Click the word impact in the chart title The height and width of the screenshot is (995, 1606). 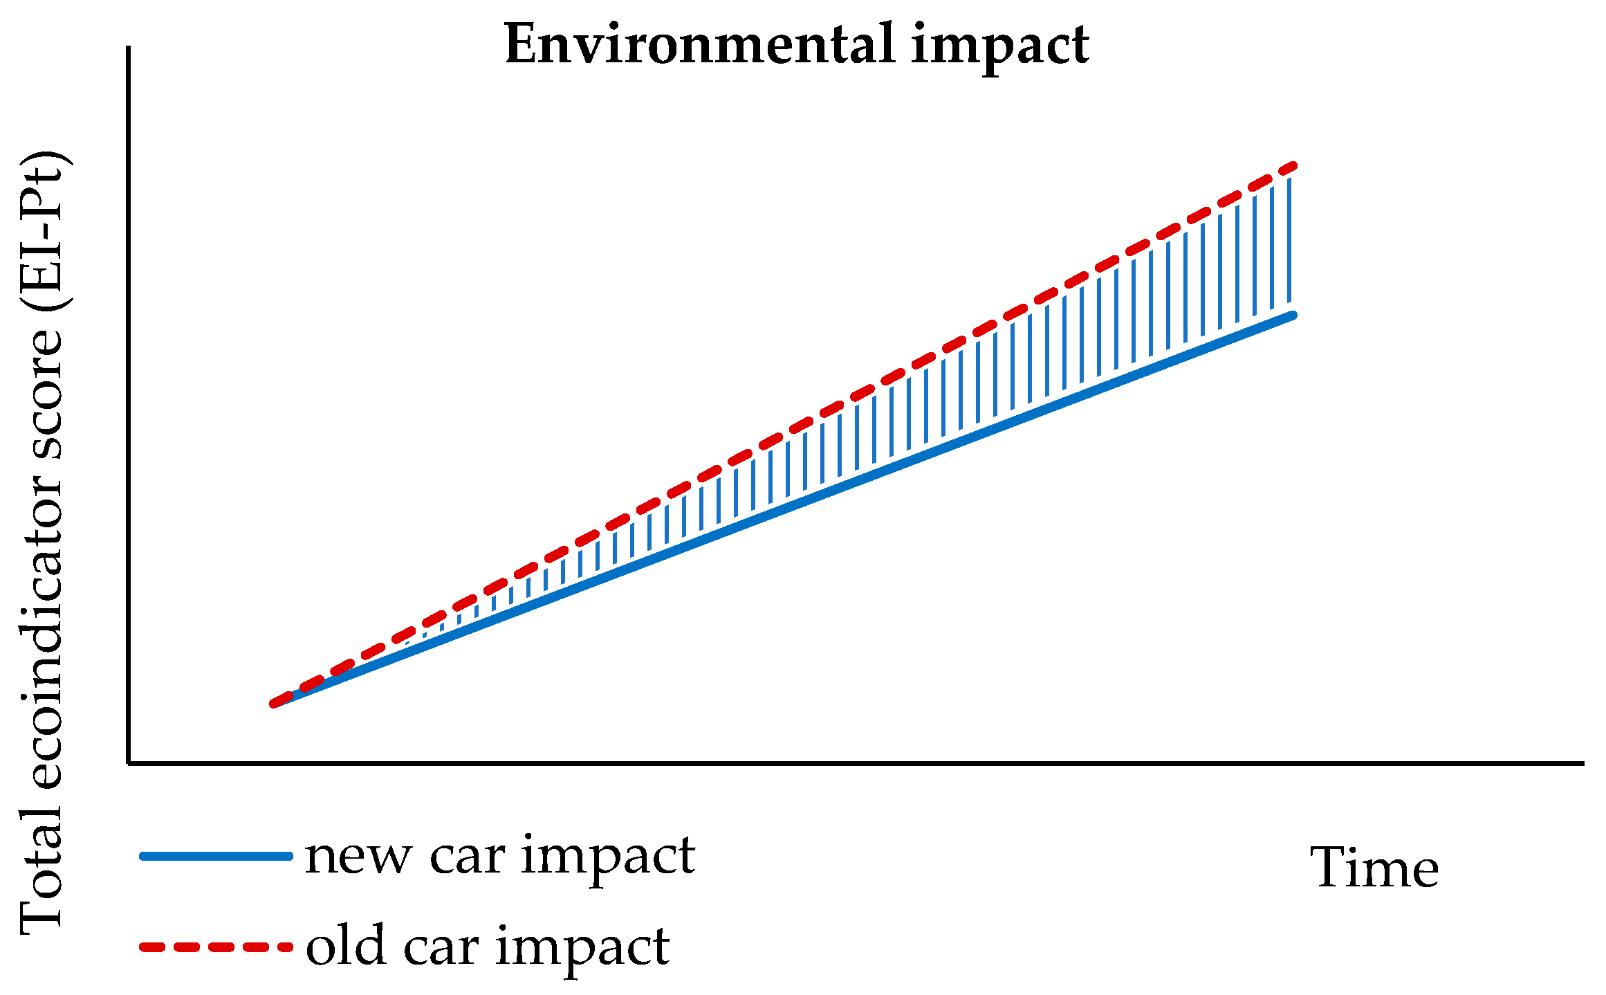1000,46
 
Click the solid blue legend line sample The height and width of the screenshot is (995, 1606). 216,857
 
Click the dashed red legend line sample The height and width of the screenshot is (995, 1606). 216,947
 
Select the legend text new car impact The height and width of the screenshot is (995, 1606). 499,857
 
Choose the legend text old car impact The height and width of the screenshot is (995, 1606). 488,947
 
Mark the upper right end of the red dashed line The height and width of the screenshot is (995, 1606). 1292,167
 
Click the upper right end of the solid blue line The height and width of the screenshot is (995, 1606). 1292,316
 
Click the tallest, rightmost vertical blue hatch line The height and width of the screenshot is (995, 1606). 1289,239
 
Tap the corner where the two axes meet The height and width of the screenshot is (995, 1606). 129,763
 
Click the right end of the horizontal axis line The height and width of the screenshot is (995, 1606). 1581,763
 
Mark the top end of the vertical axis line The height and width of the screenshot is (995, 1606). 129,48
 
